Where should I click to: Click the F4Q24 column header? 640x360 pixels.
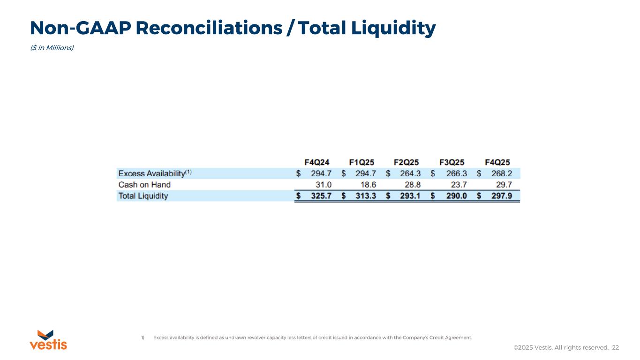tap(317, 162)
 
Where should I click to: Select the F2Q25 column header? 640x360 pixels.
tap(406, 162)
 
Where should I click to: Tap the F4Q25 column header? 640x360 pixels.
tap(497, 162)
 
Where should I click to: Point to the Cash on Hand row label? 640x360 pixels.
tap(144, 185)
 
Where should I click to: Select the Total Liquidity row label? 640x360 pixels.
tap(143, 196)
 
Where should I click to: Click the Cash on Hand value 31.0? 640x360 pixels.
tap(323, 185)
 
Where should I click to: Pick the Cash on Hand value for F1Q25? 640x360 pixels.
tap(368, 185)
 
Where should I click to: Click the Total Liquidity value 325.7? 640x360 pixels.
tap(321, 196)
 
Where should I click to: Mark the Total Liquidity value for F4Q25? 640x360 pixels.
tap(501, 196)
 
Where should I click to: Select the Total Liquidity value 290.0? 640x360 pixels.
tap(456, 196)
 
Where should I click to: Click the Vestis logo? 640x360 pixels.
tap(48, 340)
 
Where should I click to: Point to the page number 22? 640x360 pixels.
tap(615, 347)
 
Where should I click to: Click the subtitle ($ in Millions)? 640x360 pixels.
tap(52, 48)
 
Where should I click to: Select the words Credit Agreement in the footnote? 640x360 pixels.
tap(455, 337)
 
